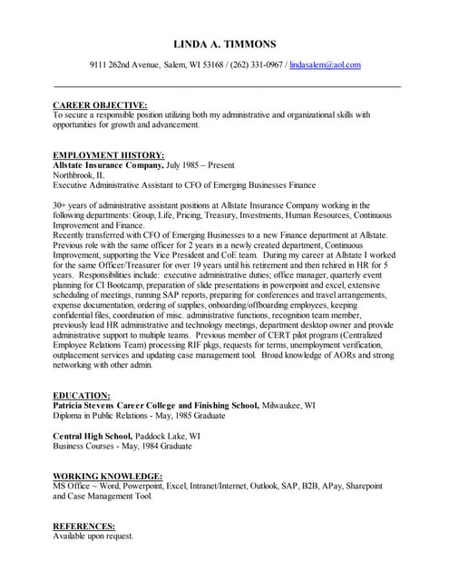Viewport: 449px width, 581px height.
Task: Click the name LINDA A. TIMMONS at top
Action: pos(224,44)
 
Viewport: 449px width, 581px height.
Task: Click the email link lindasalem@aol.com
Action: pos(325,65)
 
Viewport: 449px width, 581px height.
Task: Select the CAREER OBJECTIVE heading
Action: pos(100,105)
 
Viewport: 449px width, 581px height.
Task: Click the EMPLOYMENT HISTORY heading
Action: pos(109,155)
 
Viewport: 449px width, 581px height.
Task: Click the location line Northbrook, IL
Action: pos(79,175)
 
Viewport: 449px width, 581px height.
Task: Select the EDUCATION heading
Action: pos(82,396)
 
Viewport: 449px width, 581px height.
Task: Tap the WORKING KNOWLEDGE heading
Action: pos(107,477)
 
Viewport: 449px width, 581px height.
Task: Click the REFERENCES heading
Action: pos(83,527)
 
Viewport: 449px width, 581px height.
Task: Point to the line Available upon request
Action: pos(93,537)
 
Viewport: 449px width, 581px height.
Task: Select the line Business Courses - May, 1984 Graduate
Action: pos(122,446)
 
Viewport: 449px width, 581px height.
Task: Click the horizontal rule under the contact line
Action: pos(227,86)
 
